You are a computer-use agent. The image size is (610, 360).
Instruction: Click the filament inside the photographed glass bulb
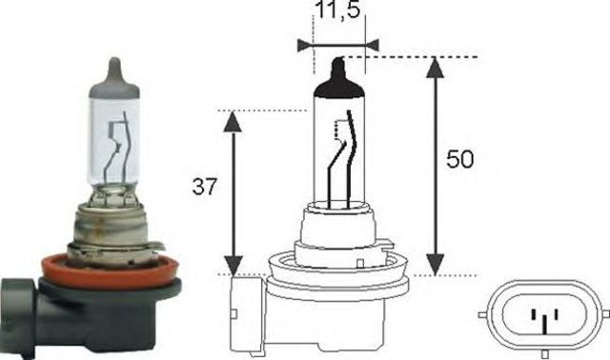click(x=120, y=143)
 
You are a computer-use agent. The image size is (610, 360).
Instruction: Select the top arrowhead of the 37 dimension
click(x=231, y=120)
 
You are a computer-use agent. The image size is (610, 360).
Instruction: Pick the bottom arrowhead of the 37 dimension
click(x=231, y=266)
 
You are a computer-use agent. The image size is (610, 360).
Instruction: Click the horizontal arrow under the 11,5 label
click(x=337, y=44)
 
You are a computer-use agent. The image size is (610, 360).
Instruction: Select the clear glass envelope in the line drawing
click(x=337, y=143)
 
